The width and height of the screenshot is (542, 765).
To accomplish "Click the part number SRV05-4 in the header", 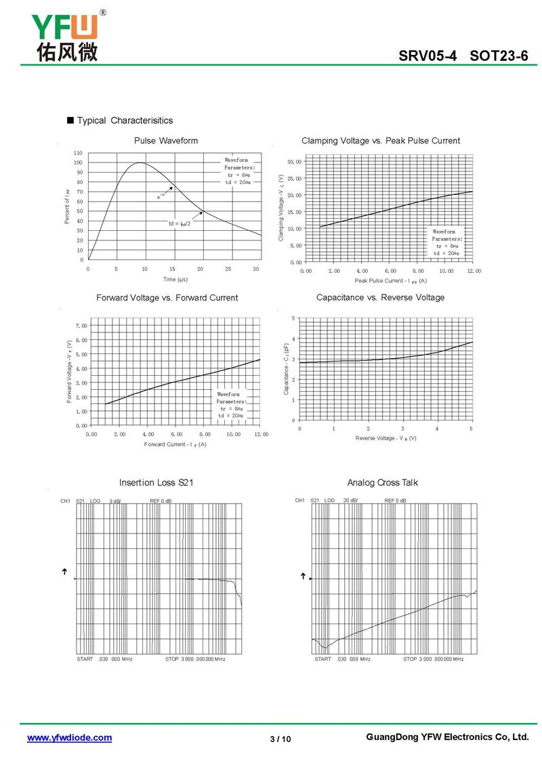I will (428, 57).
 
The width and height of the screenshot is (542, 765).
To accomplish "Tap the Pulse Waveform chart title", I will (166, 141).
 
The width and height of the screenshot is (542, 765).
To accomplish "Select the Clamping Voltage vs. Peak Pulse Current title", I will (380, 141).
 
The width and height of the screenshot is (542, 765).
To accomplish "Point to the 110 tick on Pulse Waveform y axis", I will (79, 154).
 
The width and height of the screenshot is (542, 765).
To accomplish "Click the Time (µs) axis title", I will (175, 279).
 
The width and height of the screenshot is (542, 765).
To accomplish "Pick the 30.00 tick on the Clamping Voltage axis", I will (294, 162).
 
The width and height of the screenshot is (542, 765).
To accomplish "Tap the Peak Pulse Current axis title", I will (390, 280).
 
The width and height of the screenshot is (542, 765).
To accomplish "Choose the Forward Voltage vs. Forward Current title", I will (167, 298).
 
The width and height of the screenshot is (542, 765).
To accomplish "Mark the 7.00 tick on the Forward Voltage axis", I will (81, 326).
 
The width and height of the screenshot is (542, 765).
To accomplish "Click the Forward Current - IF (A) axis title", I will (175, 444).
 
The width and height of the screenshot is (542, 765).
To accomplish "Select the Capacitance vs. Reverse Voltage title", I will (380, 298).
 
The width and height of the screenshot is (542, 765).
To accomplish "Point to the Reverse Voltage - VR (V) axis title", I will (385, 439).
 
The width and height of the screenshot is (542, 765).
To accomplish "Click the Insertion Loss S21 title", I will (157, 483).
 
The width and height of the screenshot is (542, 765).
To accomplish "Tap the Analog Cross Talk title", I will (382, 483).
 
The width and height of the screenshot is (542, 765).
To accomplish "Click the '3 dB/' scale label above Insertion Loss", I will (115, 501).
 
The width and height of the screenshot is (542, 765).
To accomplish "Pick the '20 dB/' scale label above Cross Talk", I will (350, 501).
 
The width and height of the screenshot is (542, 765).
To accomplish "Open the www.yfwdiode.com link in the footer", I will (69, 738).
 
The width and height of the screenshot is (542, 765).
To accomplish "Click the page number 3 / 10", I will (280, 739).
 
